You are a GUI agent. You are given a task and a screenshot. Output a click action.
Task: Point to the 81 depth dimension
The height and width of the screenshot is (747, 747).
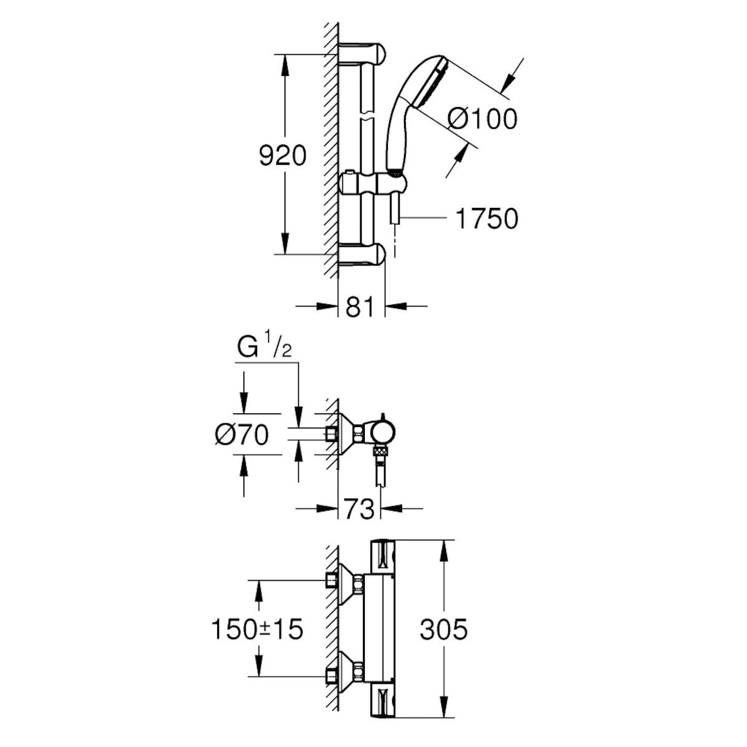point(362,307)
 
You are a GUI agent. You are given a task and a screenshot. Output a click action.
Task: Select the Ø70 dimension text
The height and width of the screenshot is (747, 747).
point(241,435)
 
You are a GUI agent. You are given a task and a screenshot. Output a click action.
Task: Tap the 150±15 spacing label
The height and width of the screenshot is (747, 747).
point(256,629)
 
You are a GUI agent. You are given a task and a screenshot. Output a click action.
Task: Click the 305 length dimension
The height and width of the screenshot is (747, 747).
point(443,630)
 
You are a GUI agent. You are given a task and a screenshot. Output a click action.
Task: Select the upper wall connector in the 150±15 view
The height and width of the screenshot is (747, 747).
point(346,581)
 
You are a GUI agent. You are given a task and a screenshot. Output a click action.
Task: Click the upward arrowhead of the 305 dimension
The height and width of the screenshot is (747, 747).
point(443,548)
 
